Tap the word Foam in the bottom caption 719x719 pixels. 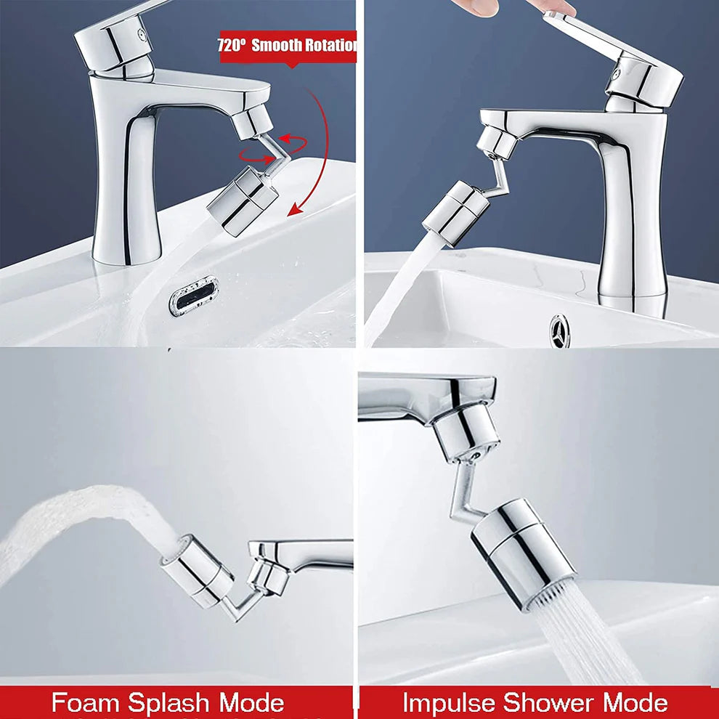point(85,703)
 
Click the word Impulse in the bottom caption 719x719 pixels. point(451,703)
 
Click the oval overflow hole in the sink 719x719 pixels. point(193,295)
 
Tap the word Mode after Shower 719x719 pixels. point(636,703)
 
